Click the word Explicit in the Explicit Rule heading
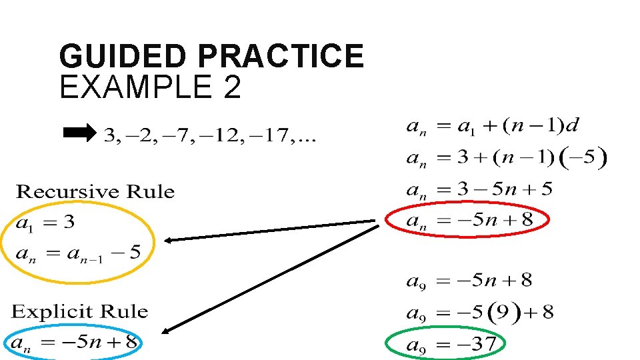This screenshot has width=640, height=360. tap(53, 311)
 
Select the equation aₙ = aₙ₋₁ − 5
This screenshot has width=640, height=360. tap(77, 253)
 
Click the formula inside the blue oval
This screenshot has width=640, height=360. tap(73, 343)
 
